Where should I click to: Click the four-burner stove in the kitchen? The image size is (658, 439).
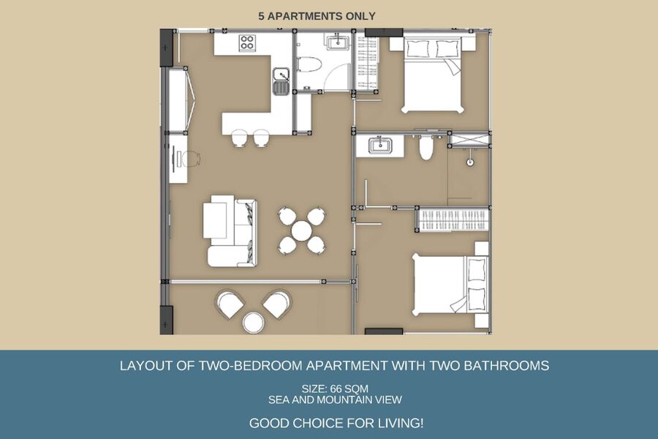pyautogui.click(x=247, y=43)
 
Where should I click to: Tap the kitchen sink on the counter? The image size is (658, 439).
pyautogui.click(x=281, y=81)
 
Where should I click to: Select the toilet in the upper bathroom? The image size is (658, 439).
pyautogui.click(x=309, y=64)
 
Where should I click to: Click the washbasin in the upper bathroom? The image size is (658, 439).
pyautogui.click(x=338, y=42)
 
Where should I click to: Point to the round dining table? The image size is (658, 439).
pyautogui.click(x=302, y=230)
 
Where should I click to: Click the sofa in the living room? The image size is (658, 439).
pyautogui.click(x=230, y=230)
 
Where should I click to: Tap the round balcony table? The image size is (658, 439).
pyautogui.click(x=254, y=322)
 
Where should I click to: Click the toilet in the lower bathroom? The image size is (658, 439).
pyautogui.click(x=426, y=148)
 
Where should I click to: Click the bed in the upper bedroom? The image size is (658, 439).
pyautogui.click(x=433, y=75)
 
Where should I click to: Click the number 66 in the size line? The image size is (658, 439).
pyautogui.click(x=337, y=389)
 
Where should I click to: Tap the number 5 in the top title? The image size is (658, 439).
pyautogui.click(x=262, y=16)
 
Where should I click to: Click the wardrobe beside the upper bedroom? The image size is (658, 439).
pyautogui.click(x=367, y=61)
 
